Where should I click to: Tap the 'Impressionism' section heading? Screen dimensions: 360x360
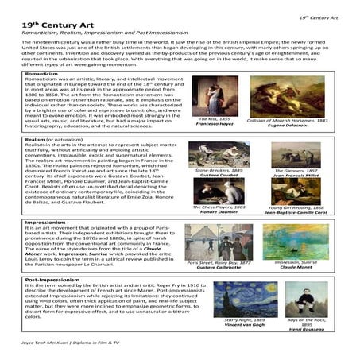coord(45,225)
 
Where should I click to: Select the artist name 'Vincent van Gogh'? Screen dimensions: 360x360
coord(222,326)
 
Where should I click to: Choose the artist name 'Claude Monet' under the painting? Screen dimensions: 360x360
coord(285,268)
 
